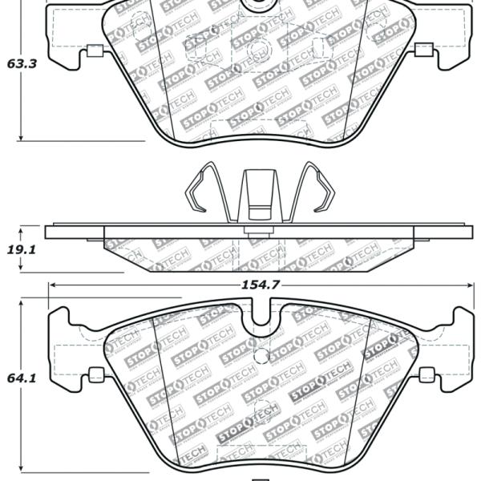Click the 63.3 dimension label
tap(22, 64)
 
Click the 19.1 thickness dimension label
tap(22, 250)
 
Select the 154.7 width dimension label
tap(261, 285)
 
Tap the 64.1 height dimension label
tap(22, 378)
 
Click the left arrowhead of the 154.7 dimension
tap(53, 285)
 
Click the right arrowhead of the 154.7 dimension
tap(469, 285)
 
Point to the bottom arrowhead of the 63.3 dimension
tap(21, 137)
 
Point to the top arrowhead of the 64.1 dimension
tap(21, 305)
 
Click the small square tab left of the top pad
tap(95, 51)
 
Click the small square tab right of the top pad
tap(423, 50)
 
